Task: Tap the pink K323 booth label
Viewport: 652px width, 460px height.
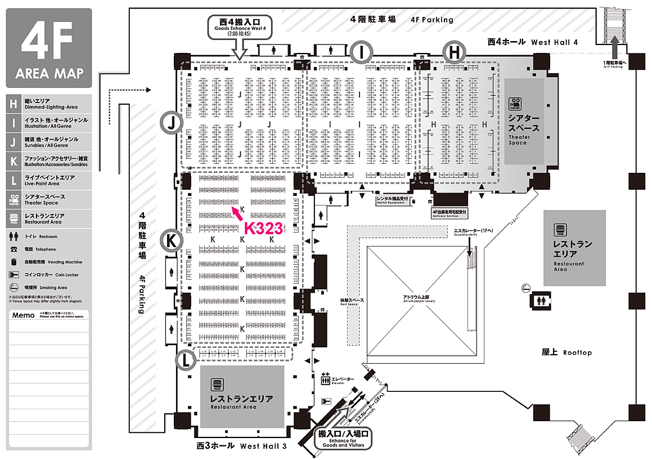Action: point(263,227)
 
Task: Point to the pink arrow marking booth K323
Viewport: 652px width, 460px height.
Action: point(236,215)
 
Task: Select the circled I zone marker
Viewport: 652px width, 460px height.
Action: point(362,52)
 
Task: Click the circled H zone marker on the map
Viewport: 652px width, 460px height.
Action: point(454,52)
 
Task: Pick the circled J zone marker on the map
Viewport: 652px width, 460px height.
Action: point(171,120)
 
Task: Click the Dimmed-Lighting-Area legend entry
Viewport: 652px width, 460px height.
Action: point(51,104)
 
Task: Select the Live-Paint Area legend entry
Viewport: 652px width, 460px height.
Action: point(51,180)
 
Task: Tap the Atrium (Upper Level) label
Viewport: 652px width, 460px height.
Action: point(419,298)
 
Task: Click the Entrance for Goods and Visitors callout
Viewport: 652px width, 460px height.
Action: point(343,438)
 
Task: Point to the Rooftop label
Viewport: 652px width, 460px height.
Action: point(566,352)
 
